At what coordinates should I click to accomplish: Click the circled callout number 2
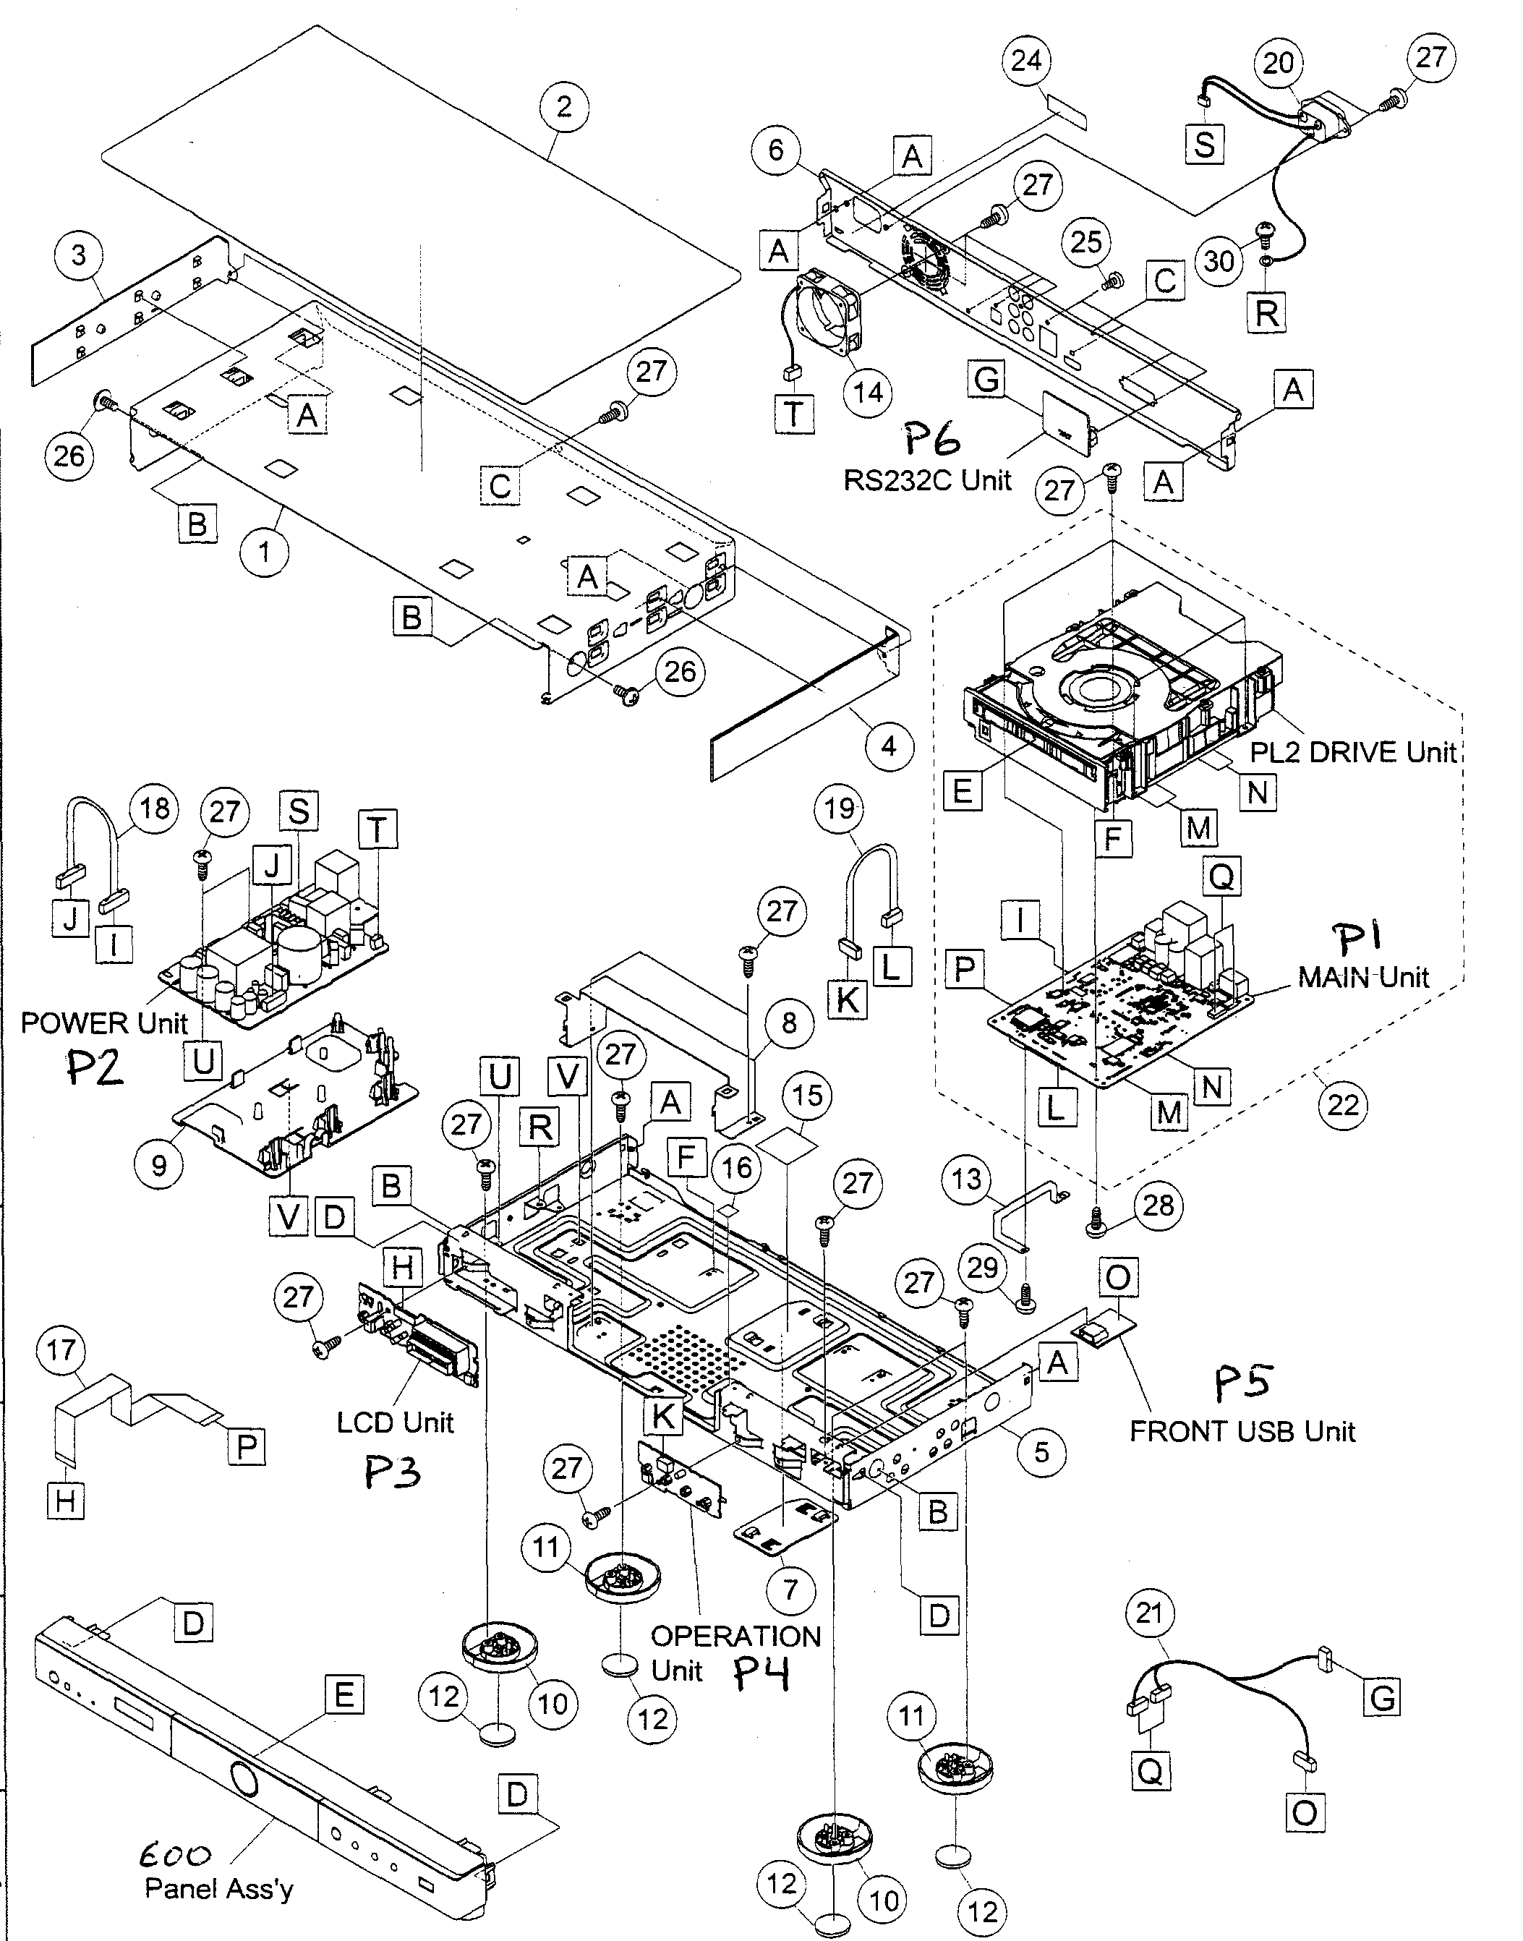[563, 107]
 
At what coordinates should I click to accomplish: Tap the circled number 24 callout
[1026, 61]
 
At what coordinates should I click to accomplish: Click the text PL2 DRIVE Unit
[1352, 751]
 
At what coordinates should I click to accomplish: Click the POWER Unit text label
[103, 1023]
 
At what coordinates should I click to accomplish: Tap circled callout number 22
[1343, 1106]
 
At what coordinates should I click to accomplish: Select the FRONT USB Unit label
[1242, 1432]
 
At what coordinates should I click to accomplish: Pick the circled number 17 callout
[61, 1350]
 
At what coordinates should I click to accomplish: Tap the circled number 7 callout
[790, 1588]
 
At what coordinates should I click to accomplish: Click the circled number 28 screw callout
[1157, 1206]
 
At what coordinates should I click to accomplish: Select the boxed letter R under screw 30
[1266, 313]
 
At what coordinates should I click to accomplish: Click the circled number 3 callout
[79, 255]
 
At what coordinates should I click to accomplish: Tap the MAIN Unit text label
[1362, 977]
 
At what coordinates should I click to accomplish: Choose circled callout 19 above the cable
[839, 809]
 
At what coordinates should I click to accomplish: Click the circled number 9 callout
[158, 1165]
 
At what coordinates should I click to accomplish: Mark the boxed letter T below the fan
[793, 414]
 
